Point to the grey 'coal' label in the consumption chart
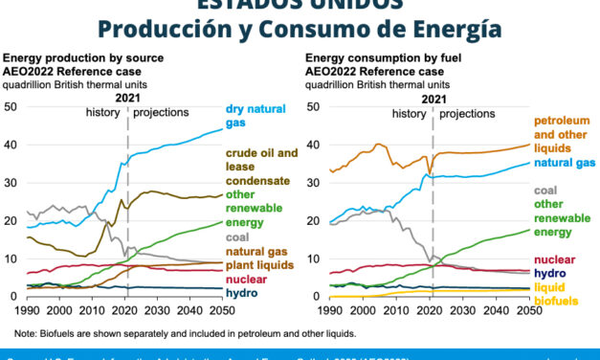545,190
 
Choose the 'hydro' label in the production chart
240,291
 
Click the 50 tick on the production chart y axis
11,106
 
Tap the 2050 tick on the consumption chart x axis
525,310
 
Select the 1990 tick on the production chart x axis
27,310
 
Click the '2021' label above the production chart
126,96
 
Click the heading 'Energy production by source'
78,59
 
